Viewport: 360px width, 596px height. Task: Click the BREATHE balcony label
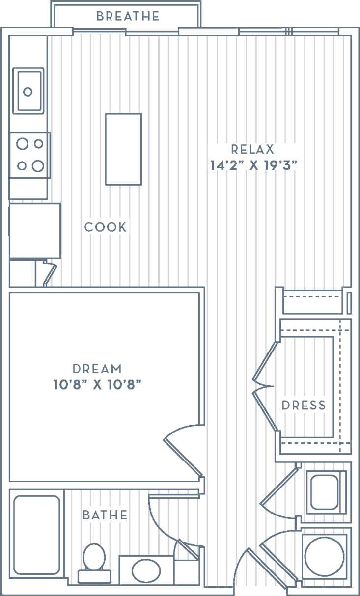pyautogui.click(x=128, y=16)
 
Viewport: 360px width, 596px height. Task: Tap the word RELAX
pyautogui.click(x=252, y=149)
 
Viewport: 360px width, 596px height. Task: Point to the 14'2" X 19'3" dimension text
pyautogui.click(x=254, y=165)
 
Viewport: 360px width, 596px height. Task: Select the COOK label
pyautogui.click(x=105, y=227)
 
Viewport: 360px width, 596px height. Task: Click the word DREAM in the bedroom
pyautogui.click(x=97, y=368)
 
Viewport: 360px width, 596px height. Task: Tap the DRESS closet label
pyautogui.click(x=304, y=406)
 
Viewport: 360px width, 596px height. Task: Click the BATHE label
pyautogui.click(x=105, y=515)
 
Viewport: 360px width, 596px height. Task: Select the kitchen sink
pyautogui.click(x=28, y=91)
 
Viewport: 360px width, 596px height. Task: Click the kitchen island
pyautogui.click(x=123, y=149)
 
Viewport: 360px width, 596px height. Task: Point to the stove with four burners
pyautogui.click(x=30, y=155)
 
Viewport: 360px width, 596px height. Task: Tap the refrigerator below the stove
pyautogui.click(x=34, y=230)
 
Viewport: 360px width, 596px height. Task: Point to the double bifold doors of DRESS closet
pyautogui.click(x=265, y=386)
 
